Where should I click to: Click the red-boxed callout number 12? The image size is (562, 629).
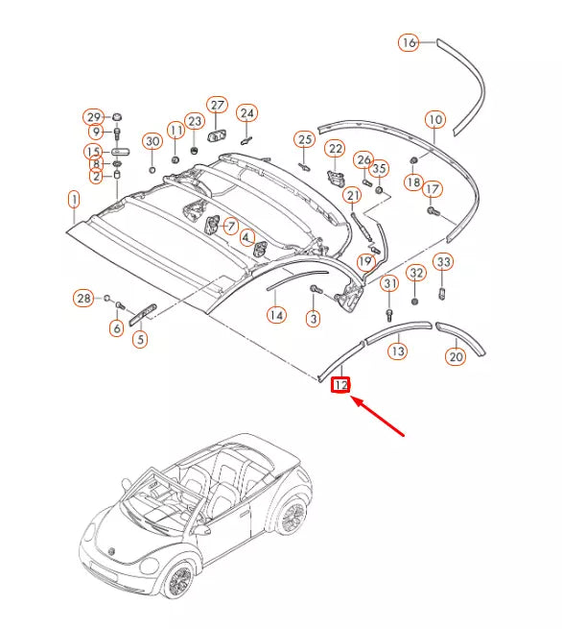340,385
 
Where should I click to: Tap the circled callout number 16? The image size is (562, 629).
409,42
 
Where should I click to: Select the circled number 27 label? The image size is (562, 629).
217,106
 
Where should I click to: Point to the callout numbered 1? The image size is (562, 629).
74,200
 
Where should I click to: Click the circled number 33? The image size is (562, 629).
443,262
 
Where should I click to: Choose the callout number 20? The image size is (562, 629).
457,356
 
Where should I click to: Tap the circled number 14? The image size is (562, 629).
276,315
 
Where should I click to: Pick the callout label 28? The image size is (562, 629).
83,298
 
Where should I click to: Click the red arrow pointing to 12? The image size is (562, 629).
377,416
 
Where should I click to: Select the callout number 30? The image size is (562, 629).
152,141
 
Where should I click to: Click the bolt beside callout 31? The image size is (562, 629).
388,314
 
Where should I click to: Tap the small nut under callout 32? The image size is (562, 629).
415,301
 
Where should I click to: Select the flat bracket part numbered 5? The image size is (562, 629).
143,314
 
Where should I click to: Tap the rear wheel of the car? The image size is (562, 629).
293,517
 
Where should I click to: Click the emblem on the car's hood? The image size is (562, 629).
112,552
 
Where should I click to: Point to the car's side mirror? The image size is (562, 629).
200,530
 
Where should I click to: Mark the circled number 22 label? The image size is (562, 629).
336,149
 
